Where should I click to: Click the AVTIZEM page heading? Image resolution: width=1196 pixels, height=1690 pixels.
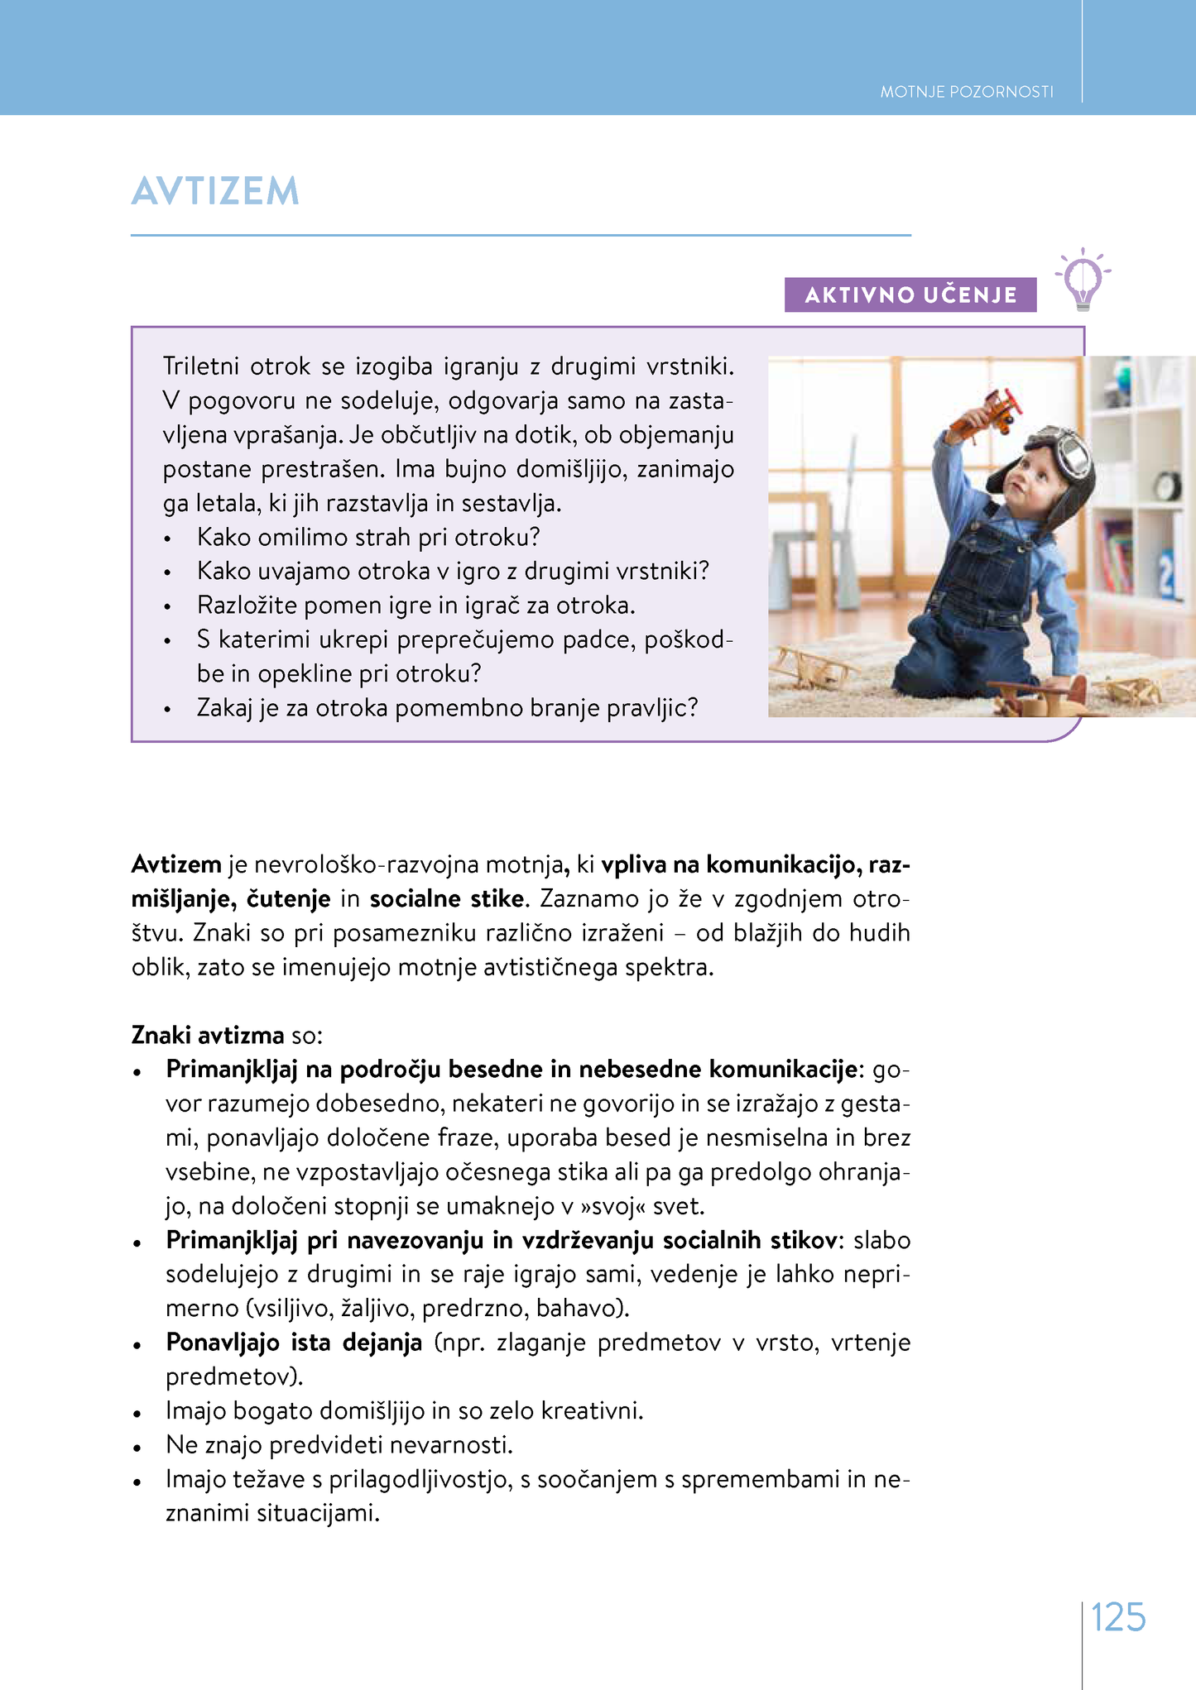coord(215,191)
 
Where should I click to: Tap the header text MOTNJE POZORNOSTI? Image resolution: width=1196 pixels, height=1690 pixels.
coord(966,92)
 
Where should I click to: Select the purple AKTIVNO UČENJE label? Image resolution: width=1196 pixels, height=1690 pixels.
coord(910,295)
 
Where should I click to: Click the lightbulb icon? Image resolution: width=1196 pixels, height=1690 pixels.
coord(1083,280)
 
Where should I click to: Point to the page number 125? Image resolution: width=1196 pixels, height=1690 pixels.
coord(1118,1617)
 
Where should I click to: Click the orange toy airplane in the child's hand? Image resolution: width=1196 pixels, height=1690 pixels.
coord(990,414)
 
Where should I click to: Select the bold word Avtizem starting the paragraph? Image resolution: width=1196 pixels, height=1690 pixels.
coord(176,865)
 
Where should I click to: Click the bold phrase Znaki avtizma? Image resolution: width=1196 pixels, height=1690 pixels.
coord(208,1036)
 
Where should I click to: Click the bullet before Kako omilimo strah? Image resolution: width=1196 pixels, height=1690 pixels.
coord(167,539)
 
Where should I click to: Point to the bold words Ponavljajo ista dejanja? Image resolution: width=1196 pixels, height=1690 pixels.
coord(294,1343)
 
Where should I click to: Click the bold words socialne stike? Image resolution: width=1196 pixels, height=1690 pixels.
coord(447,899)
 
